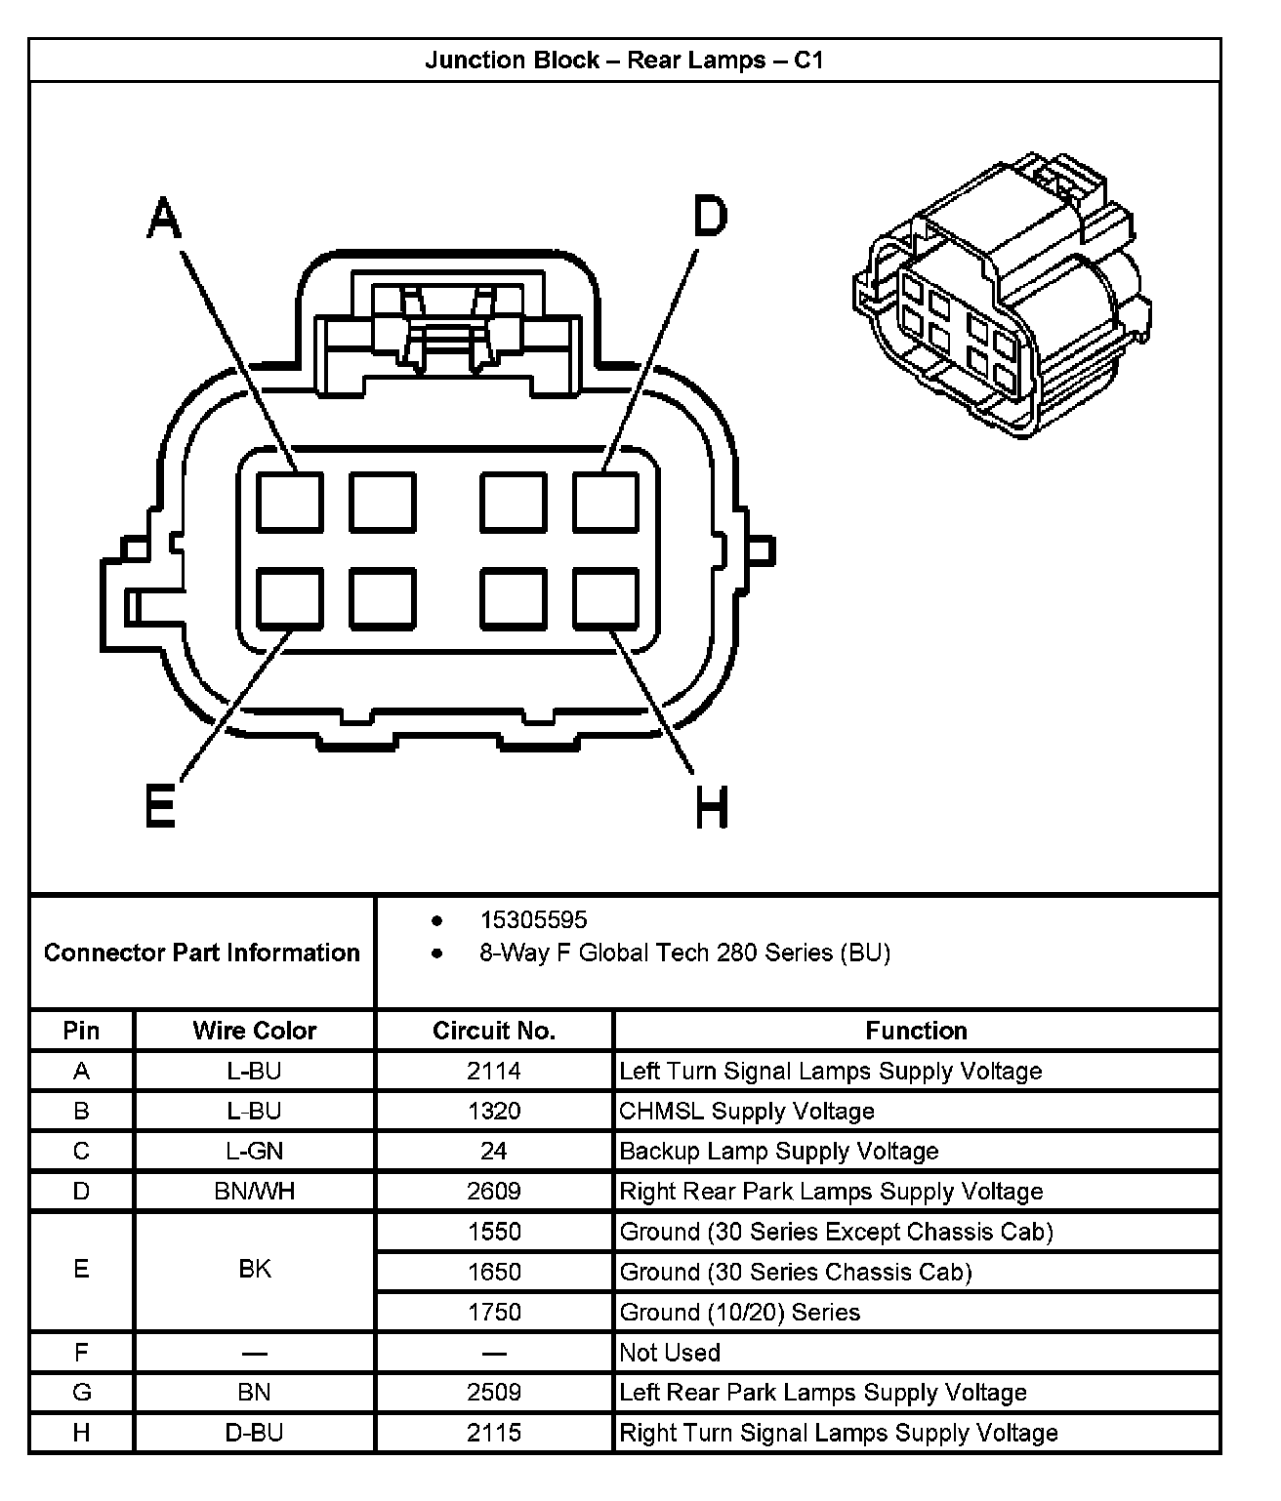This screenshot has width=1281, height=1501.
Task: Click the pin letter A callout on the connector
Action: [x=165, y=217]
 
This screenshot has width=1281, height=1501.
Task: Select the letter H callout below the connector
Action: [x=712, y=808]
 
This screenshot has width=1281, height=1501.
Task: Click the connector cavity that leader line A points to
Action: [x=290, y=502]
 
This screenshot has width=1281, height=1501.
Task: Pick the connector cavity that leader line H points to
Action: [x=605, y=598]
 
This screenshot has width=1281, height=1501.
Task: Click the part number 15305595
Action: [x=533, y=919]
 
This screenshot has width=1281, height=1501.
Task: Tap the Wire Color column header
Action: [x=254, y=1031]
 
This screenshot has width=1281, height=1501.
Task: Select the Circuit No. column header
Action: [x=494, y=1031]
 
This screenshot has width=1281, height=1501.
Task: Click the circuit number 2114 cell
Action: [x=494, y=1071]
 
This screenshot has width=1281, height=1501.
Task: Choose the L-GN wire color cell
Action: [x=254, y=1151]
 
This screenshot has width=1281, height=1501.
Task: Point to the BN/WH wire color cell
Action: [x=254, y=1191]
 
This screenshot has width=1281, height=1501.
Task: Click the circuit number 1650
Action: [x=494, y=1272]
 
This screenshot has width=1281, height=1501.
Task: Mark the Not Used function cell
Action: [x=670, y=1353]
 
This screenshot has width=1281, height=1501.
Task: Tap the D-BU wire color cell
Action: [x=254, y=1433]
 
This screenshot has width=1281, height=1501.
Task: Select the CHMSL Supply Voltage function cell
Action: [x=747, y=1111]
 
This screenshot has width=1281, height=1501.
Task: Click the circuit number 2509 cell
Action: [x=494, y=1393]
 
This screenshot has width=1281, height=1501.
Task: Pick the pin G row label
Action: [x=81, y=1393]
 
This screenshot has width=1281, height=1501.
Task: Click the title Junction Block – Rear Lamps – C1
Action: [x=625, y=61]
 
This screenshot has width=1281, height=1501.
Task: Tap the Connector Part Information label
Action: [x=202, y=953]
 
